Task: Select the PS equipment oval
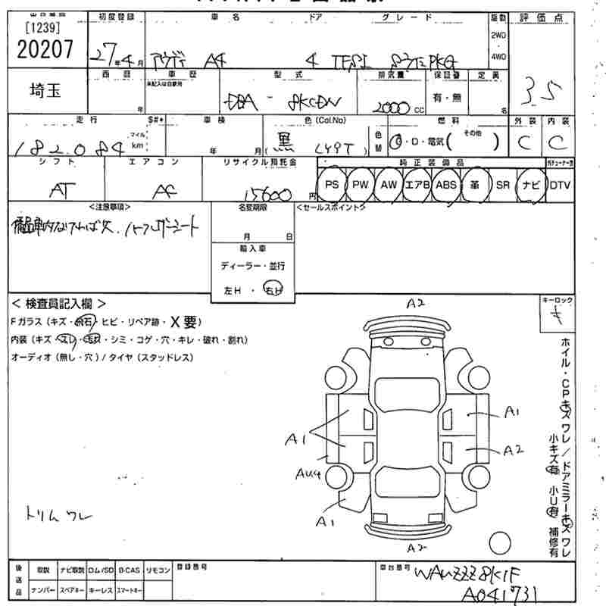tap(331, 185)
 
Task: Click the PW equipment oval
tap(360, 185)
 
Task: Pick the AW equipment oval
tap(389, 185)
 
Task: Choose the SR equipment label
tap(502, 185)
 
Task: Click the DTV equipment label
tap(560, 185)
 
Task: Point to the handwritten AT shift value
tap(56, 192)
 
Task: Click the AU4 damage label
tap(310, 474)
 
